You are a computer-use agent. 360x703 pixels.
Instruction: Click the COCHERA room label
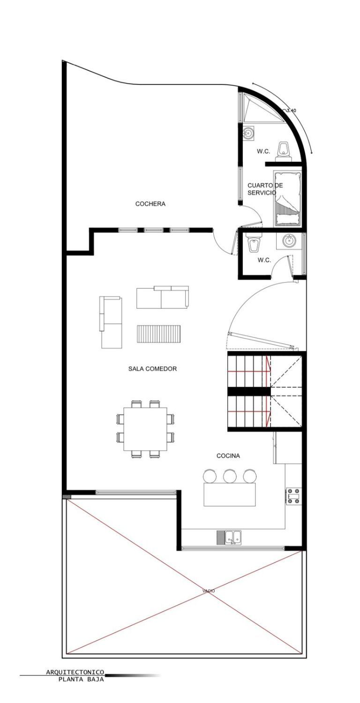[x=150, y=204]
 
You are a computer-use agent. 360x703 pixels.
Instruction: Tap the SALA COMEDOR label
[x=152, y=369]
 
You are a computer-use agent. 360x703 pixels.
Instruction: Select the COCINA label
[x=228, y=456]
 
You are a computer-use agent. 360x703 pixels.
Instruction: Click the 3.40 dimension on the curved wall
[x=291, y=110]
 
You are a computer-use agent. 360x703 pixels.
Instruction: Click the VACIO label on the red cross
[x=209, y=591]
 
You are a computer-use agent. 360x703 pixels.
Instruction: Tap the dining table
[x=145, y=429]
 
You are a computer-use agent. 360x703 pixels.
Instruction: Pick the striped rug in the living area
[x=159, y=334]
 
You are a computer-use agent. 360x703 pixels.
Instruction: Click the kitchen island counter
[x=229, y=494]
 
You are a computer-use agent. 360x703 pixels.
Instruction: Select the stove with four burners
[x=293, y=496]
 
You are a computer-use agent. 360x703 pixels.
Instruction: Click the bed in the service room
[x=288, y=199]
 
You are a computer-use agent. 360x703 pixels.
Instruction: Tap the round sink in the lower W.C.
[x=288, y=241]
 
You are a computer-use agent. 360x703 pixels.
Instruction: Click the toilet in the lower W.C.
[x=252, y=242]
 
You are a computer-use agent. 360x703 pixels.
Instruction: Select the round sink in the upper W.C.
[x=248, y=134]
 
